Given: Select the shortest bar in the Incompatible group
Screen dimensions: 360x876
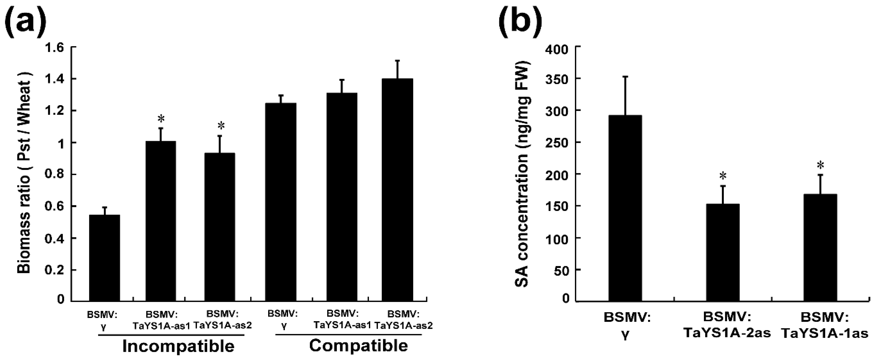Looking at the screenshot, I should pyautogui.click(x=104, y=258).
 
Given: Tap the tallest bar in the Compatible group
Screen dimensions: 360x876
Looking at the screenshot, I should pyautogui.click(x=397, y=190).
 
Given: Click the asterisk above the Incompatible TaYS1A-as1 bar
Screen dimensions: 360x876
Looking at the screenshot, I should pyautogui.click(x=161, y=119).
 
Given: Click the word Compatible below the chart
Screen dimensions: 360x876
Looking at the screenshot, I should pyautogui.click(x=358, y=346).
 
